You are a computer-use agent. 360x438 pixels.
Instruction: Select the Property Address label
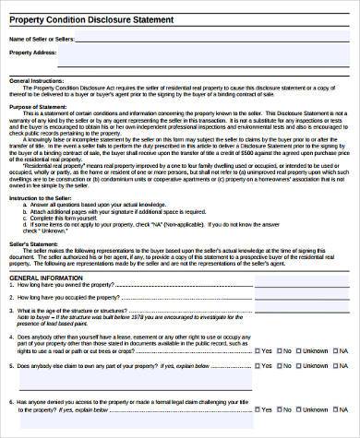click(x=33, y=53)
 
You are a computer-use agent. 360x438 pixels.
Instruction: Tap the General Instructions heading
click(x=36, y=81)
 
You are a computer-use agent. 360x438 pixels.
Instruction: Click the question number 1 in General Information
click(x=10, y=260)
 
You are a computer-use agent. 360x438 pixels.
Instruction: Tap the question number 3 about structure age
click(x=10, y=285)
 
